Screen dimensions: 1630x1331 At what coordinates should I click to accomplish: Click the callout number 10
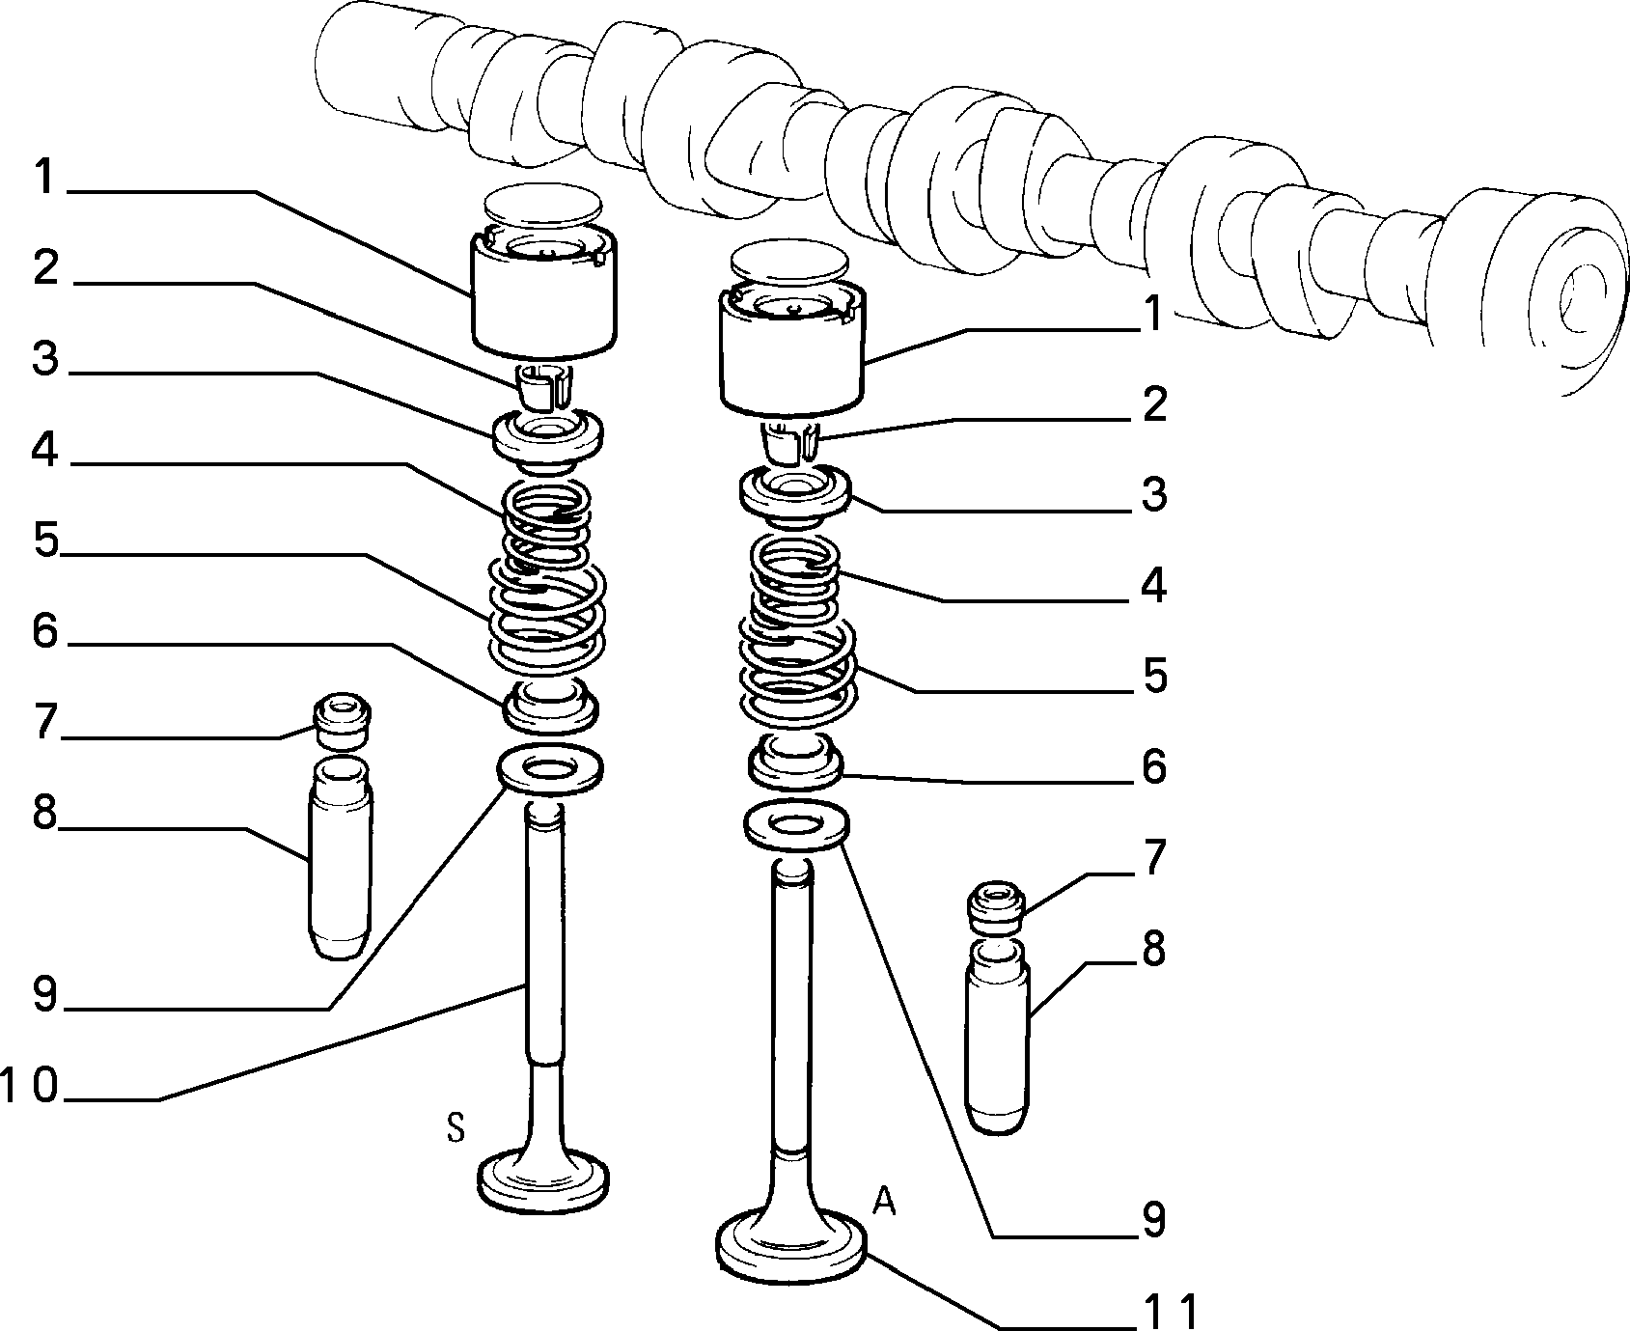click(31, 1087)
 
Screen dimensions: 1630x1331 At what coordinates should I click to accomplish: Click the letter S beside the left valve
click(456, 1127)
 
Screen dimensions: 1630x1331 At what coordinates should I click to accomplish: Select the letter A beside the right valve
click(884, 1203)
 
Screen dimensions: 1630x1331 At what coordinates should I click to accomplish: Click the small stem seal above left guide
click(342, 720)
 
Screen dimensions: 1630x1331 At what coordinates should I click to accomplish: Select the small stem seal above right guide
click(995, 908)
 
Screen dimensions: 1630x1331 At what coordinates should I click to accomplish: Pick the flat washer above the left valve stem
click(549, 770)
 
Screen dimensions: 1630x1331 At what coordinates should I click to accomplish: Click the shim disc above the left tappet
click(544, 204)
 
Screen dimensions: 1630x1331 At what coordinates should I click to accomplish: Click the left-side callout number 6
click(44, 632)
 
